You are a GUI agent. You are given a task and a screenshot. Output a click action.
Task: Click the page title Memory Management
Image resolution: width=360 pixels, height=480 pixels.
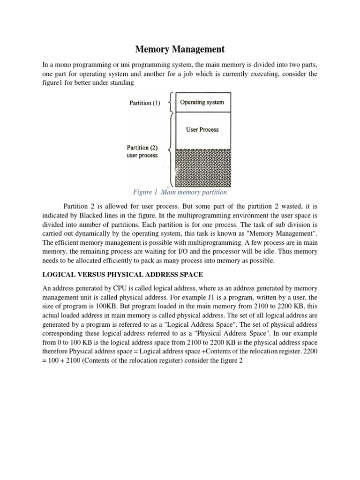point(180,49)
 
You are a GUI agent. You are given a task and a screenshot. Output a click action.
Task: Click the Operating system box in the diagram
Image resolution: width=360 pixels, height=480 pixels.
point(202,102)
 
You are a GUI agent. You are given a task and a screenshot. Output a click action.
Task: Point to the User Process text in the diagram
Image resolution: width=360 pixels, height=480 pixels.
point(202,129)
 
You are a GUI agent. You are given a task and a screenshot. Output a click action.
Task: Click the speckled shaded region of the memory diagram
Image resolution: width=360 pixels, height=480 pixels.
point(202,167)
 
